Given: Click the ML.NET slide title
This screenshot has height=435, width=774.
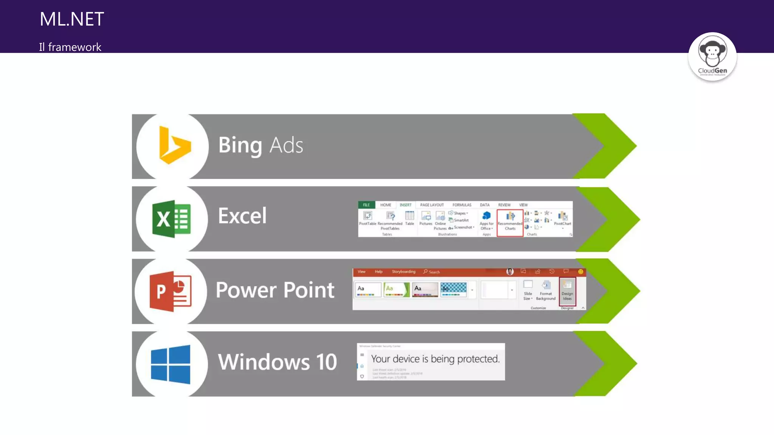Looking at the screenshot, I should coord(72,19).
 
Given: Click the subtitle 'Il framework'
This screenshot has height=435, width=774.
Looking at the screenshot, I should coord(70,47).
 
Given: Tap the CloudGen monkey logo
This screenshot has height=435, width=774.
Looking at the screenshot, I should coord(712,57).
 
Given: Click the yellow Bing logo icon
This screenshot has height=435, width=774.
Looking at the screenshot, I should coord(174,146).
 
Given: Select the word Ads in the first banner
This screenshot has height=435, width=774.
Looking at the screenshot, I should coord(286,145).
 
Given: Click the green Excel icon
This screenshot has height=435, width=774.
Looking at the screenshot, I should coord(171,219).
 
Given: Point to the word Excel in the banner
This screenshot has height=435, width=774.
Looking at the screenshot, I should coord(242,216).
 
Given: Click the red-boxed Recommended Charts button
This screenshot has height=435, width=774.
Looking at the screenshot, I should coord(510,222).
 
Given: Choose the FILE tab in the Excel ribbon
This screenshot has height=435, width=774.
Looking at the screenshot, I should coord(366,205).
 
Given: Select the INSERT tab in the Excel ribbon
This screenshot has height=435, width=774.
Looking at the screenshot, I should coord(406,205).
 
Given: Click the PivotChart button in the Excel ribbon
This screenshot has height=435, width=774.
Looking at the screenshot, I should coord(562,219).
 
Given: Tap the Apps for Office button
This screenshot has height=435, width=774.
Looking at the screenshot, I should coord(486,220).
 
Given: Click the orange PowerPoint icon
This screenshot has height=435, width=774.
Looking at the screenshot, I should coord(170,291).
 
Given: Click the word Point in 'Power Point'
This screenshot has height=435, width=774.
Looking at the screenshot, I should coord(309,290).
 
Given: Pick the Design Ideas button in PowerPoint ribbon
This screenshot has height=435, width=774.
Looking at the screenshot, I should coord(567,291).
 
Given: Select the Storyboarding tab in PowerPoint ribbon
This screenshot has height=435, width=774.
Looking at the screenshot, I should coord(403,271).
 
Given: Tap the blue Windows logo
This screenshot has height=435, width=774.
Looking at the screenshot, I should coord(170,364).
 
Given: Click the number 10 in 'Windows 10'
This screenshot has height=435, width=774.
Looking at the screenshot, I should coord(326,362).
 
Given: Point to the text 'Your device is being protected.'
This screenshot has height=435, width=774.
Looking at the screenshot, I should coord(435,359).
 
